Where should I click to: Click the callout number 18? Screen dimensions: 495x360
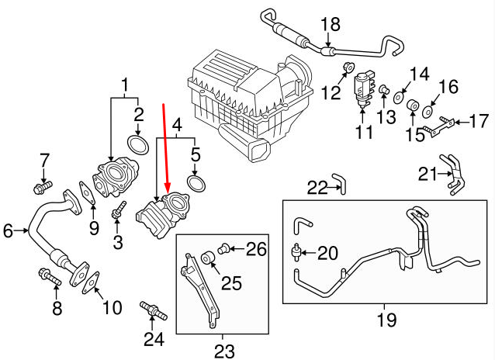click(331, 24)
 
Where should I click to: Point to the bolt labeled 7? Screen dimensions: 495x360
click(43, 187)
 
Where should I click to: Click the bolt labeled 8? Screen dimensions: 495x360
click(50, 277)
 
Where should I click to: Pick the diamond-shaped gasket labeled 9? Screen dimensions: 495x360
click(87, 193)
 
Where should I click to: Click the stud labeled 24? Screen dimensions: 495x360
click(153, 310)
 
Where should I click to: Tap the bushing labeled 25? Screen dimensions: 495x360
click(208, 258)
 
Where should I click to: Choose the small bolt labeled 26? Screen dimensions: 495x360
click(223, 248)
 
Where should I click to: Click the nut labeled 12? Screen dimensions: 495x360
click(349, 67)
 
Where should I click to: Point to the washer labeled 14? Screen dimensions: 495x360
click(398, 97)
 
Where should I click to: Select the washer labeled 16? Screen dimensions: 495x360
click(427, 112)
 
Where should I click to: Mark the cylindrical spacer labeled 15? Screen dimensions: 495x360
click(412, 106)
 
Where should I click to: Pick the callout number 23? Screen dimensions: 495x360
click(224, 351)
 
